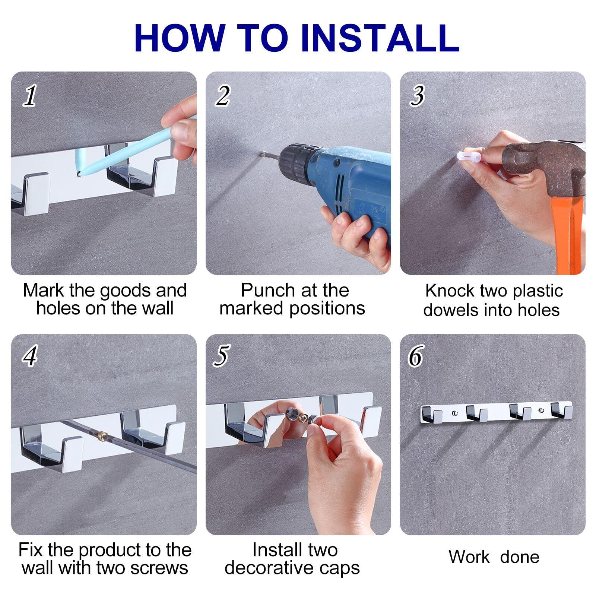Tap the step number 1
click(x=30, y=95)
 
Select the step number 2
click(x=223, y=95)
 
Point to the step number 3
click(x=418, y=95)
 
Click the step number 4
click(x=30, y=355)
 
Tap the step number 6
click(x=416, y=355)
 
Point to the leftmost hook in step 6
click(x=432, y=415)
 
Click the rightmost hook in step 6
click(x=562, y=410)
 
